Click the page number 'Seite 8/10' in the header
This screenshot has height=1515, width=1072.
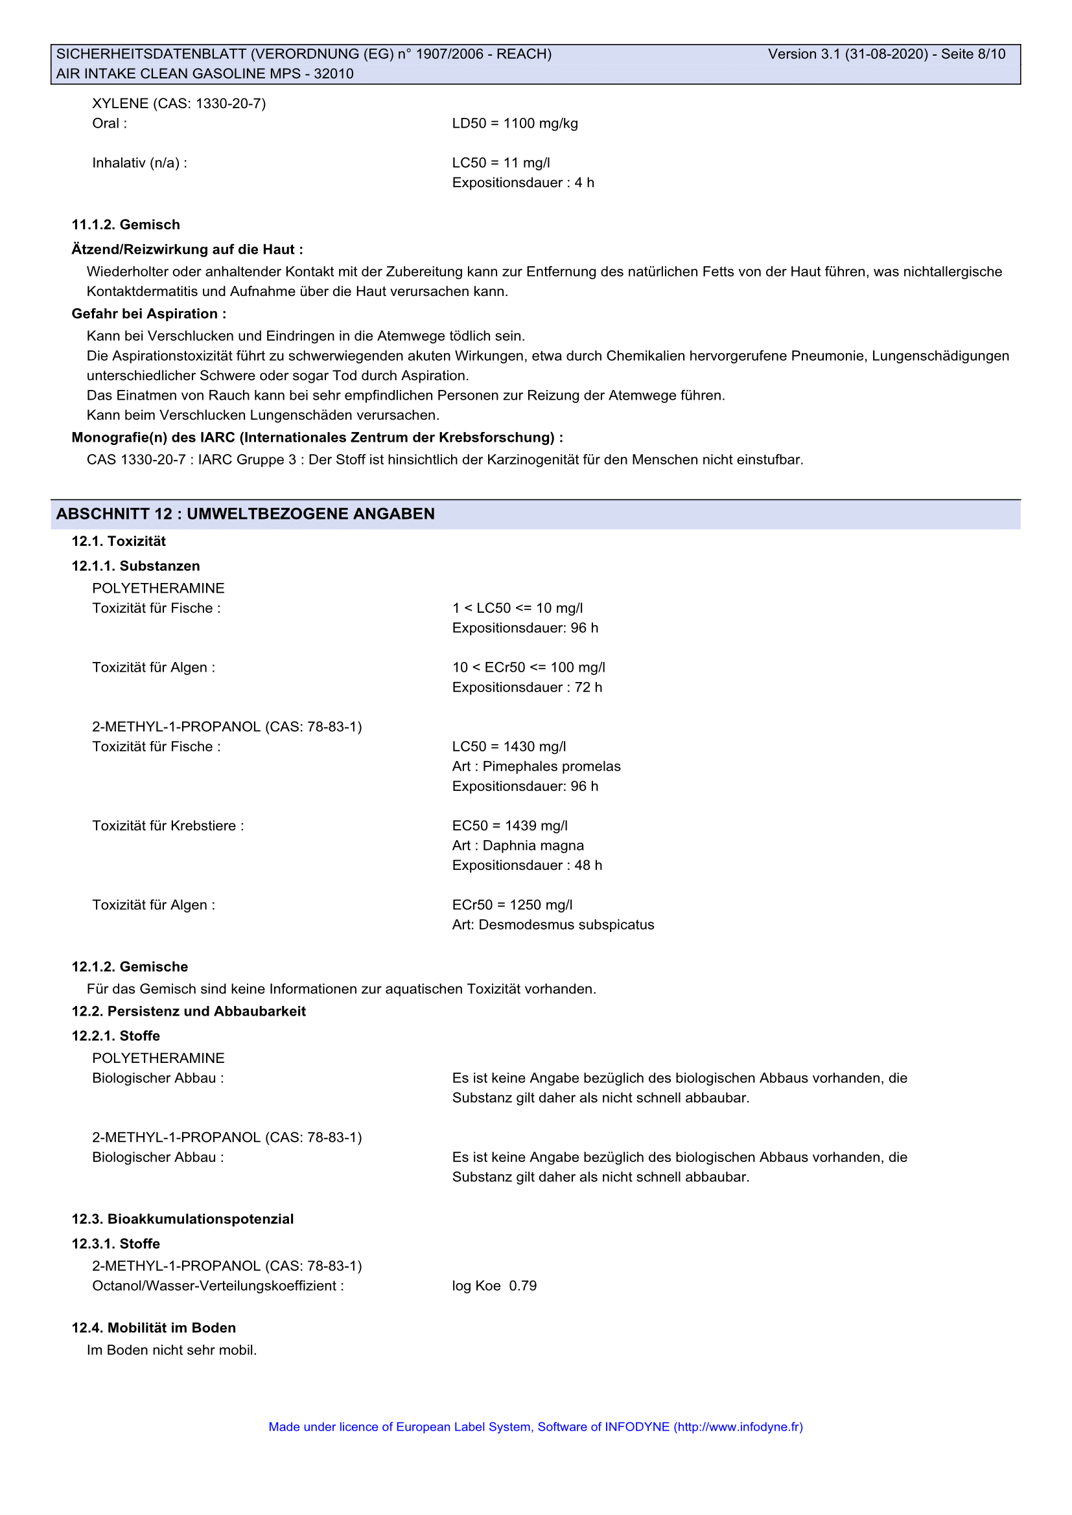click(x=973, y=54)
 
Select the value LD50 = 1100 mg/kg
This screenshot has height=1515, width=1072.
click(x=515, y=124)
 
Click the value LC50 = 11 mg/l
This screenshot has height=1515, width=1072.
click(x=501, y=163)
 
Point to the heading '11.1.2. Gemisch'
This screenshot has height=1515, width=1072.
click(x=126, y=225)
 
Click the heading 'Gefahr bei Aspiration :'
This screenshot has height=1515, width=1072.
click(x=148, y=314)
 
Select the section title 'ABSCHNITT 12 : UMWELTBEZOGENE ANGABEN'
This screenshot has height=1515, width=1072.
click(x=246, y=514)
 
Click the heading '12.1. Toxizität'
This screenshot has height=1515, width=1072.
click(x=119, y=541)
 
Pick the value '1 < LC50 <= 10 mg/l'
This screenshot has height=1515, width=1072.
click(x=517, y=608)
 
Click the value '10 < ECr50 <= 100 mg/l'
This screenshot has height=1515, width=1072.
click(x=529, y=668)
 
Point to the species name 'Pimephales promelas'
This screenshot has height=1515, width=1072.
click(x=552, y=767)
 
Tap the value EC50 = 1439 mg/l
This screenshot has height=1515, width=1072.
click(x=509, y=826)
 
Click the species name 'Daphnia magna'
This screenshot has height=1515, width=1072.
click(x=533, y=846)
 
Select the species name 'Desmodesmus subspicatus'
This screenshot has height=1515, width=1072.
click(x=566, y=925)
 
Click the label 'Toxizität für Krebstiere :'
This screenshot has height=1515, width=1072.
click(x=168, y=826)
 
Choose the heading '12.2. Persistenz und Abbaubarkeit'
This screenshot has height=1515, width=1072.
click(x=189, y=1012)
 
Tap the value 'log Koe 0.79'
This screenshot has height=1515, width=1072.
click(x=495, y=1286)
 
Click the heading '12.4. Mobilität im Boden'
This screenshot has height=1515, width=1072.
click(x=154, y=1328)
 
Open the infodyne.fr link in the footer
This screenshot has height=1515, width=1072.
click(x=738, y=1428)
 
